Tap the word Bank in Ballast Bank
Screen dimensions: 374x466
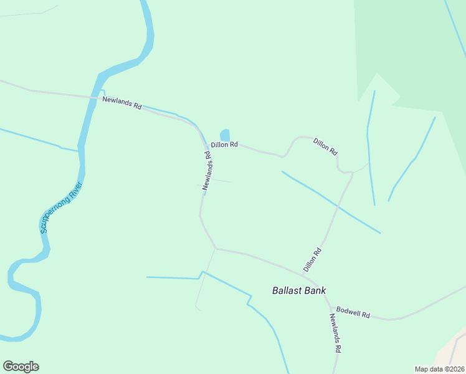coord(315,290)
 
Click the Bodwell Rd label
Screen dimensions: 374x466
coord(353,312)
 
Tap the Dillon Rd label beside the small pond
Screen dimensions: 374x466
coord(224,145)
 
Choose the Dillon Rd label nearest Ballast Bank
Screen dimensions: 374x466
coord(312,259)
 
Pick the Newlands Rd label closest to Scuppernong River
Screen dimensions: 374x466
coord(122,103)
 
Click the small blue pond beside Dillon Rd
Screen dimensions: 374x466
coord(225,135)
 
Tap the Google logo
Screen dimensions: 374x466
coord(21,367)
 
